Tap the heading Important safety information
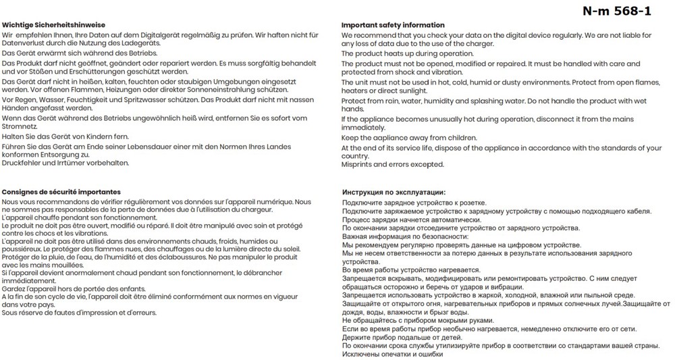[393, 25]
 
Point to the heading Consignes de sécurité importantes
[61, 192]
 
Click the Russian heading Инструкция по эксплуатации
[394, 192]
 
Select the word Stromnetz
[20, 126]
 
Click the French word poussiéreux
[23, 249]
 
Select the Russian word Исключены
[362, 354]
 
